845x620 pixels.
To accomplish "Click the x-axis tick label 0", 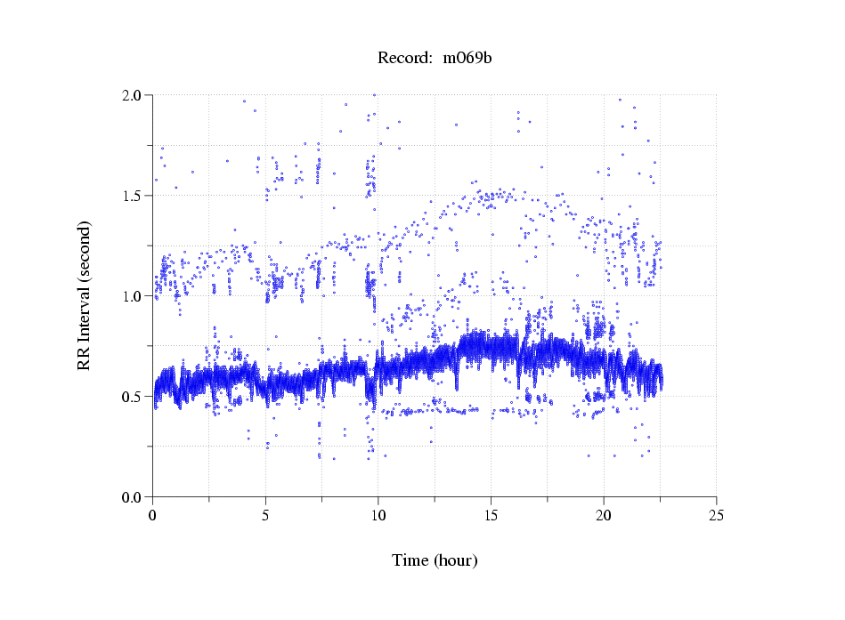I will [x=153, y=514].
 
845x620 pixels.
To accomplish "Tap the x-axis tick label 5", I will [x=265, y=514].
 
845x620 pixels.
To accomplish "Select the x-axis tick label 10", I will [x=378, y=514].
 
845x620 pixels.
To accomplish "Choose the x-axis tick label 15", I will [x=491, y=514].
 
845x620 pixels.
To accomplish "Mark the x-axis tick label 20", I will [x=604, y=514].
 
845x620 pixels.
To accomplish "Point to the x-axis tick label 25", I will [x=716, y=514].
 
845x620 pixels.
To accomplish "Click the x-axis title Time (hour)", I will [x=435, y=561].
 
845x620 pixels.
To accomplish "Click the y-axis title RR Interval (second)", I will [x=84, y=295].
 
